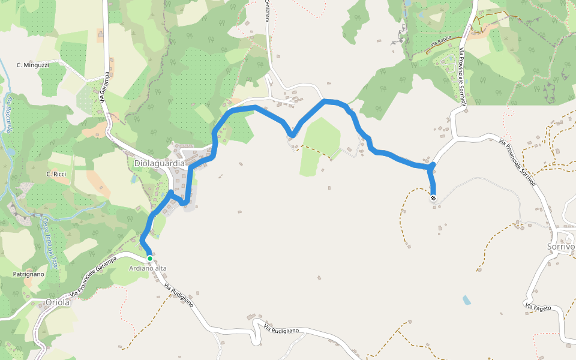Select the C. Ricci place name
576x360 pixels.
(x=56, y=174)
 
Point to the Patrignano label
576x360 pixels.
(x=29, y=274)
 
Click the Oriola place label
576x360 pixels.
(x=58, y=302)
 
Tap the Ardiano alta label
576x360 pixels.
(x=148, y=268)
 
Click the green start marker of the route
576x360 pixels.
(x=149, y=259)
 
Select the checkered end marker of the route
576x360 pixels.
(x=433, y=197)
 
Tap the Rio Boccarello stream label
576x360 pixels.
(x=8, y=113)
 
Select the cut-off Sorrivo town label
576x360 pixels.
(x=561, y=247)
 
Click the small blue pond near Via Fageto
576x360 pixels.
(x=467, y=299)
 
